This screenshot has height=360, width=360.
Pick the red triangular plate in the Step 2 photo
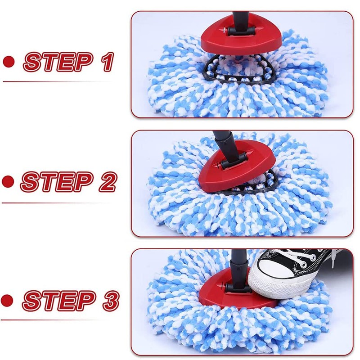pos(234,169)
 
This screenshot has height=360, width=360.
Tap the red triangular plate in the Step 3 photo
pos(225,292)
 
